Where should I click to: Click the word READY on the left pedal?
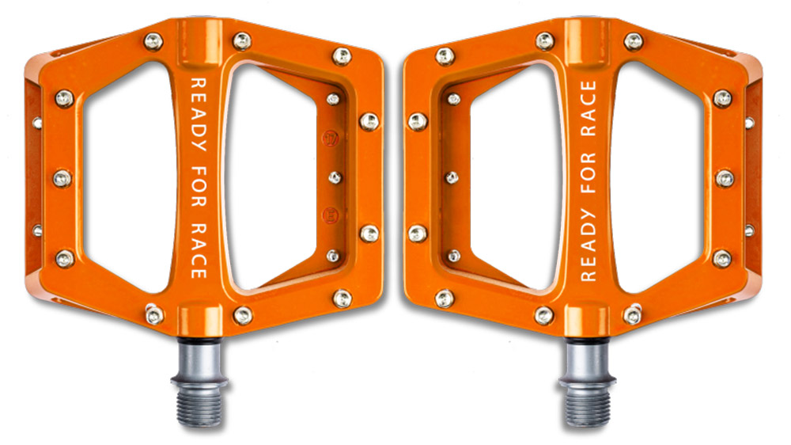coord(199,114)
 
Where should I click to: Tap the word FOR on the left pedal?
coord(199,186)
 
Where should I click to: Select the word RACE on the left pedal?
coord(199,250)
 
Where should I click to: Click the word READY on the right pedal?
coord(589,245)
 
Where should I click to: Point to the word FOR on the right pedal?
coord(589,173)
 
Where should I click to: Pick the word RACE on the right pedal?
coord(589,108)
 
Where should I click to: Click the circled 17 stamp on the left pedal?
coord(331,139)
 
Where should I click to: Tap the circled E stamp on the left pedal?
coord(331,215)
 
